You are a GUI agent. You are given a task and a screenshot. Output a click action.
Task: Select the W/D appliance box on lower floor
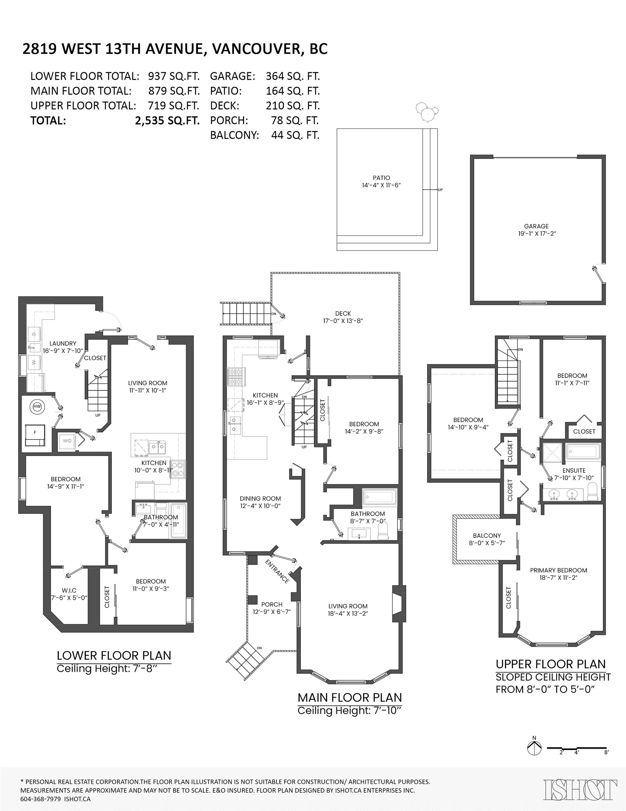(x=67, y=441)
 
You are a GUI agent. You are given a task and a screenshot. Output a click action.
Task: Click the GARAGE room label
(x=536, y=226)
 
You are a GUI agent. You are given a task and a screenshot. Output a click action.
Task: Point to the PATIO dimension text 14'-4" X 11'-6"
(x=381, y=185)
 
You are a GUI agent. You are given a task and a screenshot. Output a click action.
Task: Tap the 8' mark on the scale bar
(x=606, y=752)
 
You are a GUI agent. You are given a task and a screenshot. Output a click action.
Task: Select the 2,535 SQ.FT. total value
(x=167, y=121)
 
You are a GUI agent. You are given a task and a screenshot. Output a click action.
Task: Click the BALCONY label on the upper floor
(x=486, y=535)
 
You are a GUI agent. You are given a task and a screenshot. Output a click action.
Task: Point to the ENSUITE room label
(x=574, y=471)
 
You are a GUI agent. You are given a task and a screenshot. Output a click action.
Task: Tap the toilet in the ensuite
(x=593, y=492)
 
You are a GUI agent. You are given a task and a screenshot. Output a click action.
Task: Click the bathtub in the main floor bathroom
(x=379, y=497)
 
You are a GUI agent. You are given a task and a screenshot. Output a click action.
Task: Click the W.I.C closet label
(x=69, y=590)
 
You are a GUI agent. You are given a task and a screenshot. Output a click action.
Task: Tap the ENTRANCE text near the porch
(x=277, y=572)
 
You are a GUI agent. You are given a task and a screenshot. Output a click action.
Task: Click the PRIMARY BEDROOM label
(x=558, y=570)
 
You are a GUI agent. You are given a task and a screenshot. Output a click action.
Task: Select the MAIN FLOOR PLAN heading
(x=350, y=698)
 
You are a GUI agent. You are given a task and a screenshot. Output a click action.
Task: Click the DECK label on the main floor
(x=343, y=314)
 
